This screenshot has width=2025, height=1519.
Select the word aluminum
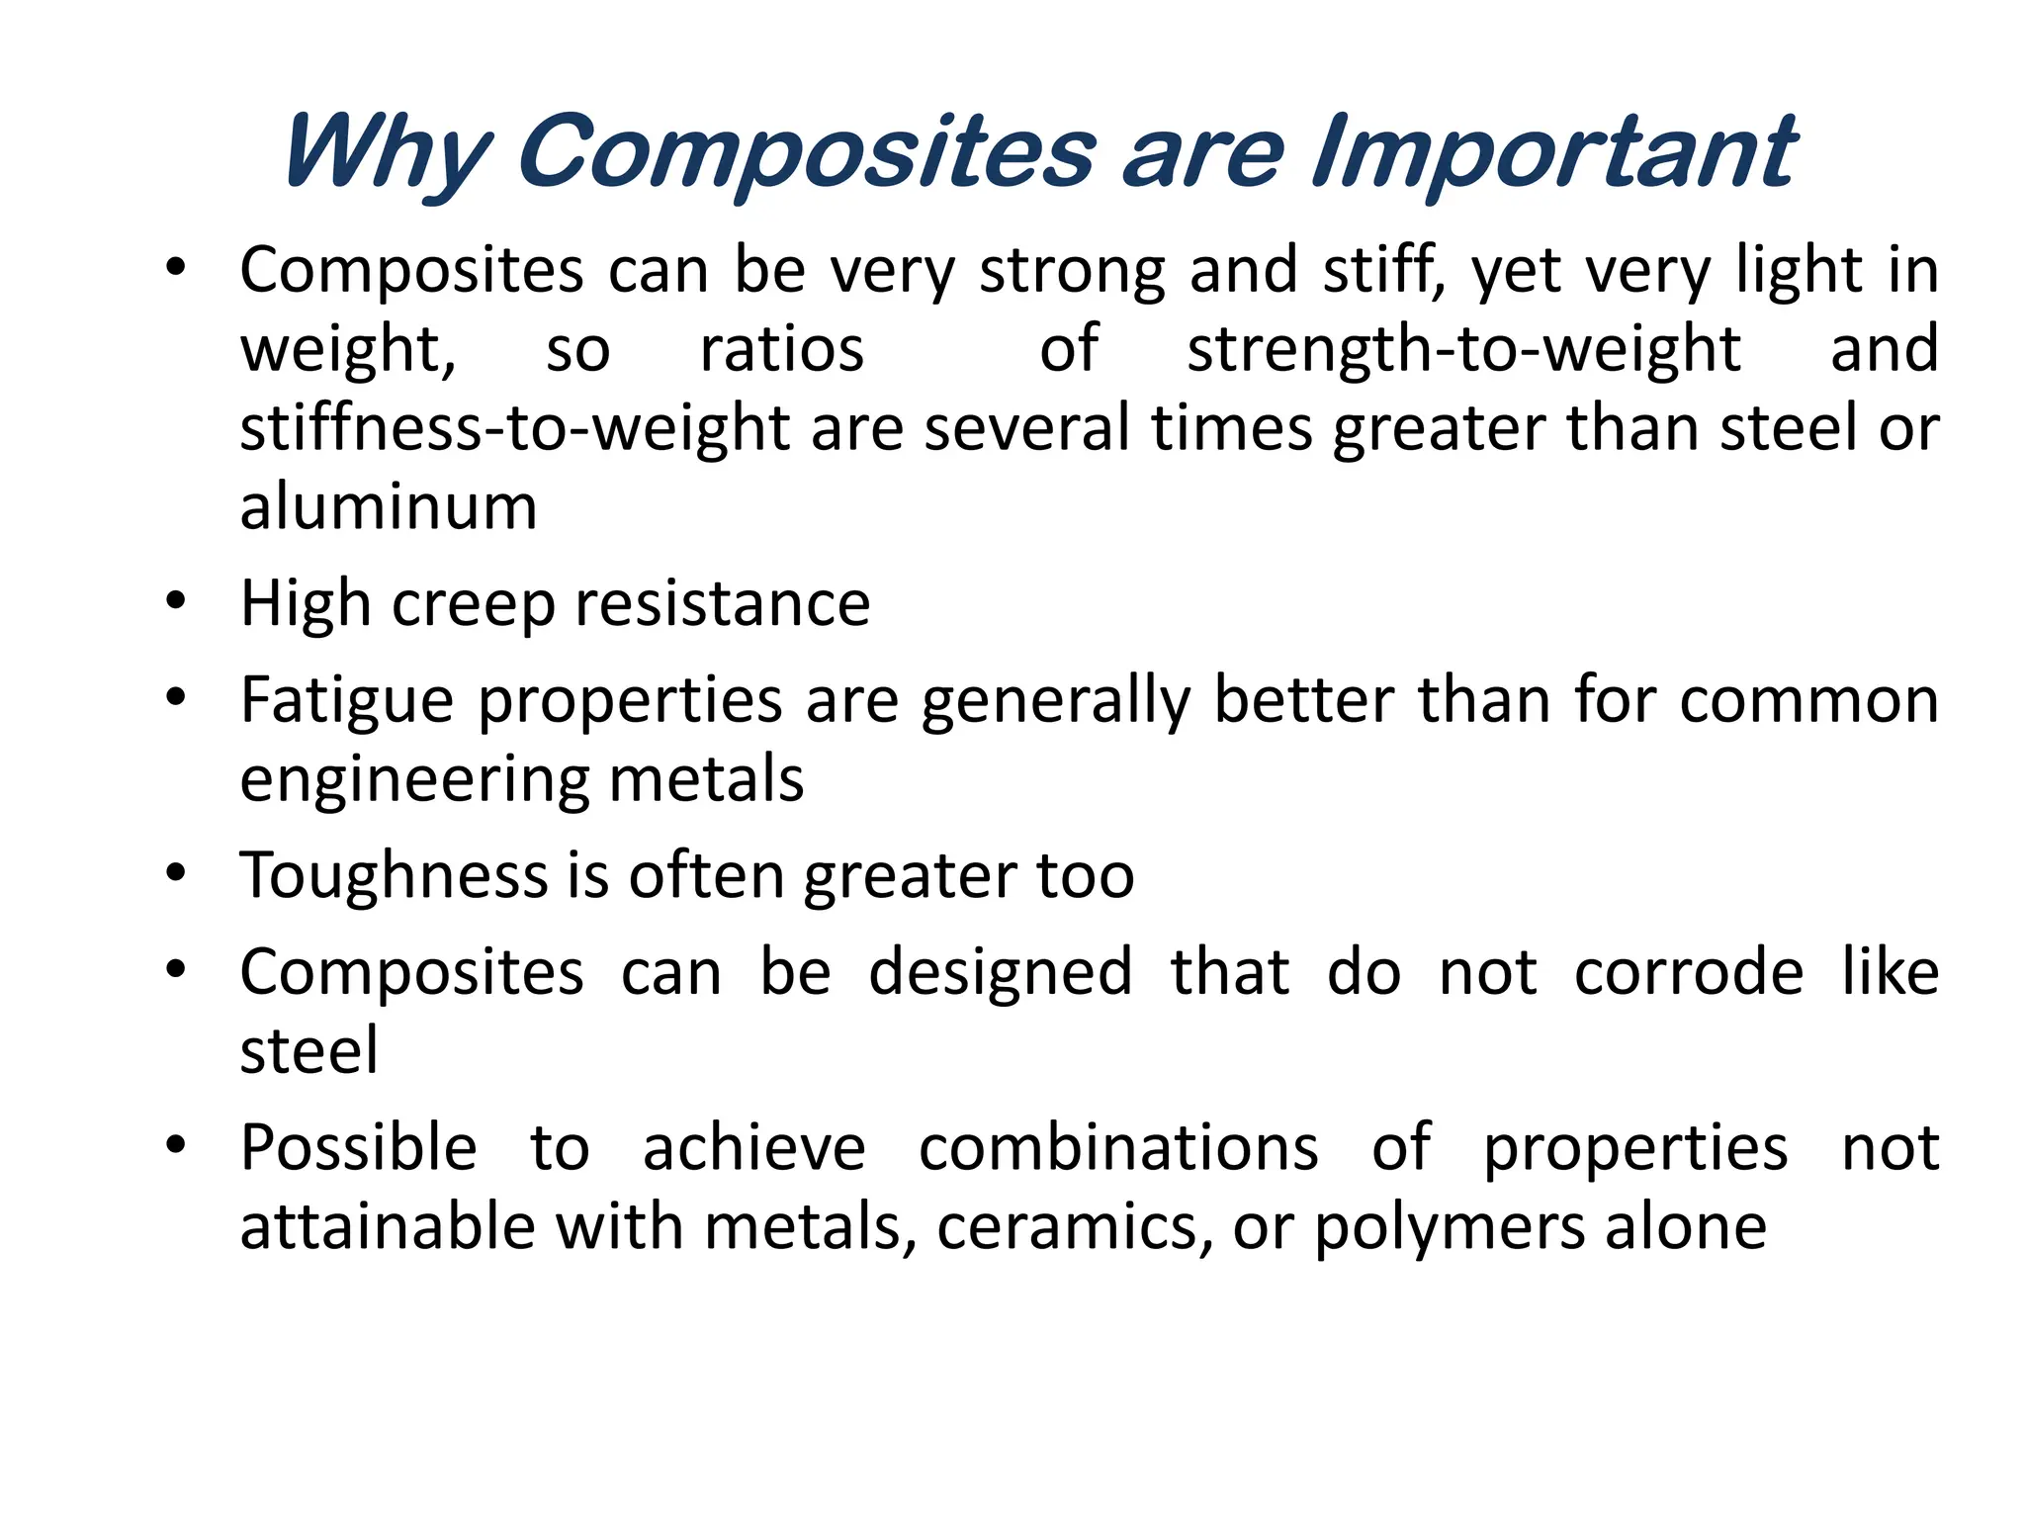[x=389, y=507]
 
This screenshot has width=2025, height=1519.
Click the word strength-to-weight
[x=1463, y=350]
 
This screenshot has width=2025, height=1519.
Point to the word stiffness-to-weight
[x=514, y=429]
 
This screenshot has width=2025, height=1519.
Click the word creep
[x=473, y=604]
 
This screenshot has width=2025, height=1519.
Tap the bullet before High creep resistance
[x=176, y=600]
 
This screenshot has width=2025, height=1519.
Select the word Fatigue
[x=347, y=701]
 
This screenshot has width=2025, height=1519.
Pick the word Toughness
[x=393, y=876]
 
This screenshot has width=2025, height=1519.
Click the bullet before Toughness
[x=176, y=872]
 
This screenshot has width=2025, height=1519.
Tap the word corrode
[x=1689, y=972]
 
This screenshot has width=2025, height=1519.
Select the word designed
[x=1001, y=972]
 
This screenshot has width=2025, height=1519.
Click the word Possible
[x=359, y=1148]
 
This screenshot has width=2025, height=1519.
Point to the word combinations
[x=1118, y=1148]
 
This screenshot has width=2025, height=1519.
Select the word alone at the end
[x=1686, y=1228]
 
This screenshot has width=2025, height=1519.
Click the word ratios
[x=781, y=350]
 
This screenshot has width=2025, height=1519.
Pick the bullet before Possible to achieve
[x=176, y=1144]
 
